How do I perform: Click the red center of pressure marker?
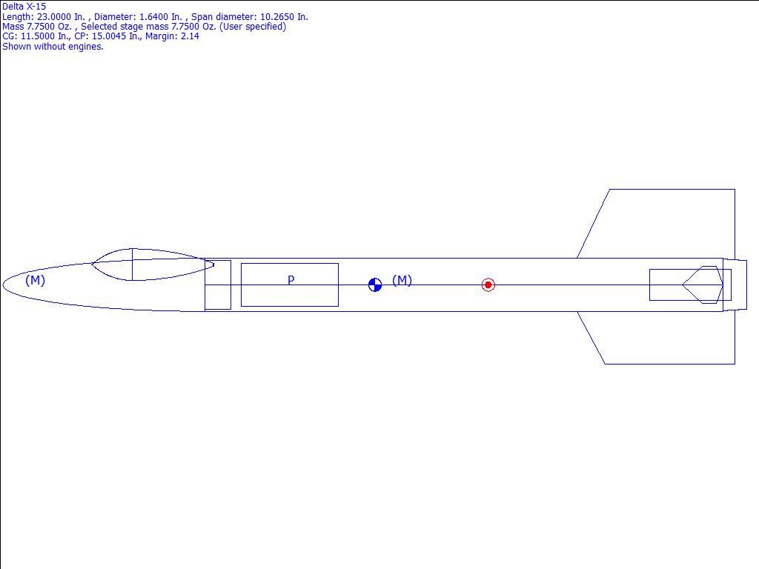click(x=488, y=285)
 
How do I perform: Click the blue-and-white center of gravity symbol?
click(x=375, y=285)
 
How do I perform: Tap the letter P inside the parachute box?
click(x=291, y=279)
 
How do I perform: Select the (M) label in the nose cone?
click(x=35, y=280)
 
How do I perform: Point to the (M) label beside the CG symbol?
click(x=402, y=280)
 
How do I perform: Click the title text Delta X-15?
click(x=24, y=7)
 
